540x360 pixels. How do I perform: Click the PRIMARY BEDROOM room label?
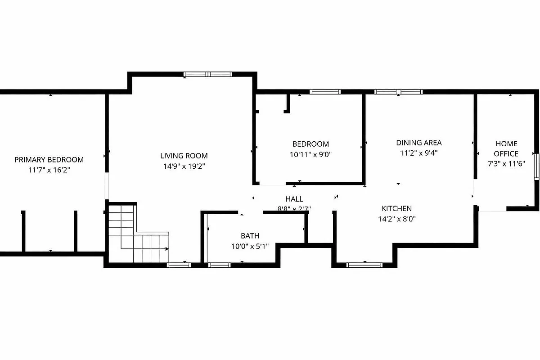coord(49,160)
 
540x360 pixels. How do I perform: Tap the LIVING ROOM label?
coord(184,156)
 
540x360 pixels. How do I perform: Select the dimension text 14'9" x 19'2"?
coord(184,166)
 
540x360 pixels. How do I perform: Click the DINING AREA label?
coord(419,143)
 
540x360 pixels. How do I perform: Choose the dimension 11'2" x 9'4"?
coord(419,153)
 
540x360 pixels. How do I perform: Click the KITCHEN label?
coord(396,209)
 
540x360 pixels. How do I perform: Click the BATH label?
coord(250,236)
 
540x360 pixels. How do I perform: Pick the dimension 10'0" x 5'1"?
coord(250,246)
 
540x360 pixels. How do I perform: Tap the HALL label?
coord(294,199)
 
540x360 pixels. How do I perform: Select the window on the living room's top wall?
coord(208,74)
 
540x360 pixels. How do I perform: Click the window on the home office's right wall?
coord(536,166)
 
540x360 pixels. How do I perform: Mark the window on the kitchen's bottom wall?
coord(364,265)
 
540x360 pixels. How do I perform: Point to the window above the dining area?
coord(399,92)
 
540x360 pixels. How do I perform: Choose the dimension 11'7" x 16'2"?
coord(49,170)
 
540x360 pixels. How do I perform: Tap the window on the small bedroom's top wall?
coord(324,92)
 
